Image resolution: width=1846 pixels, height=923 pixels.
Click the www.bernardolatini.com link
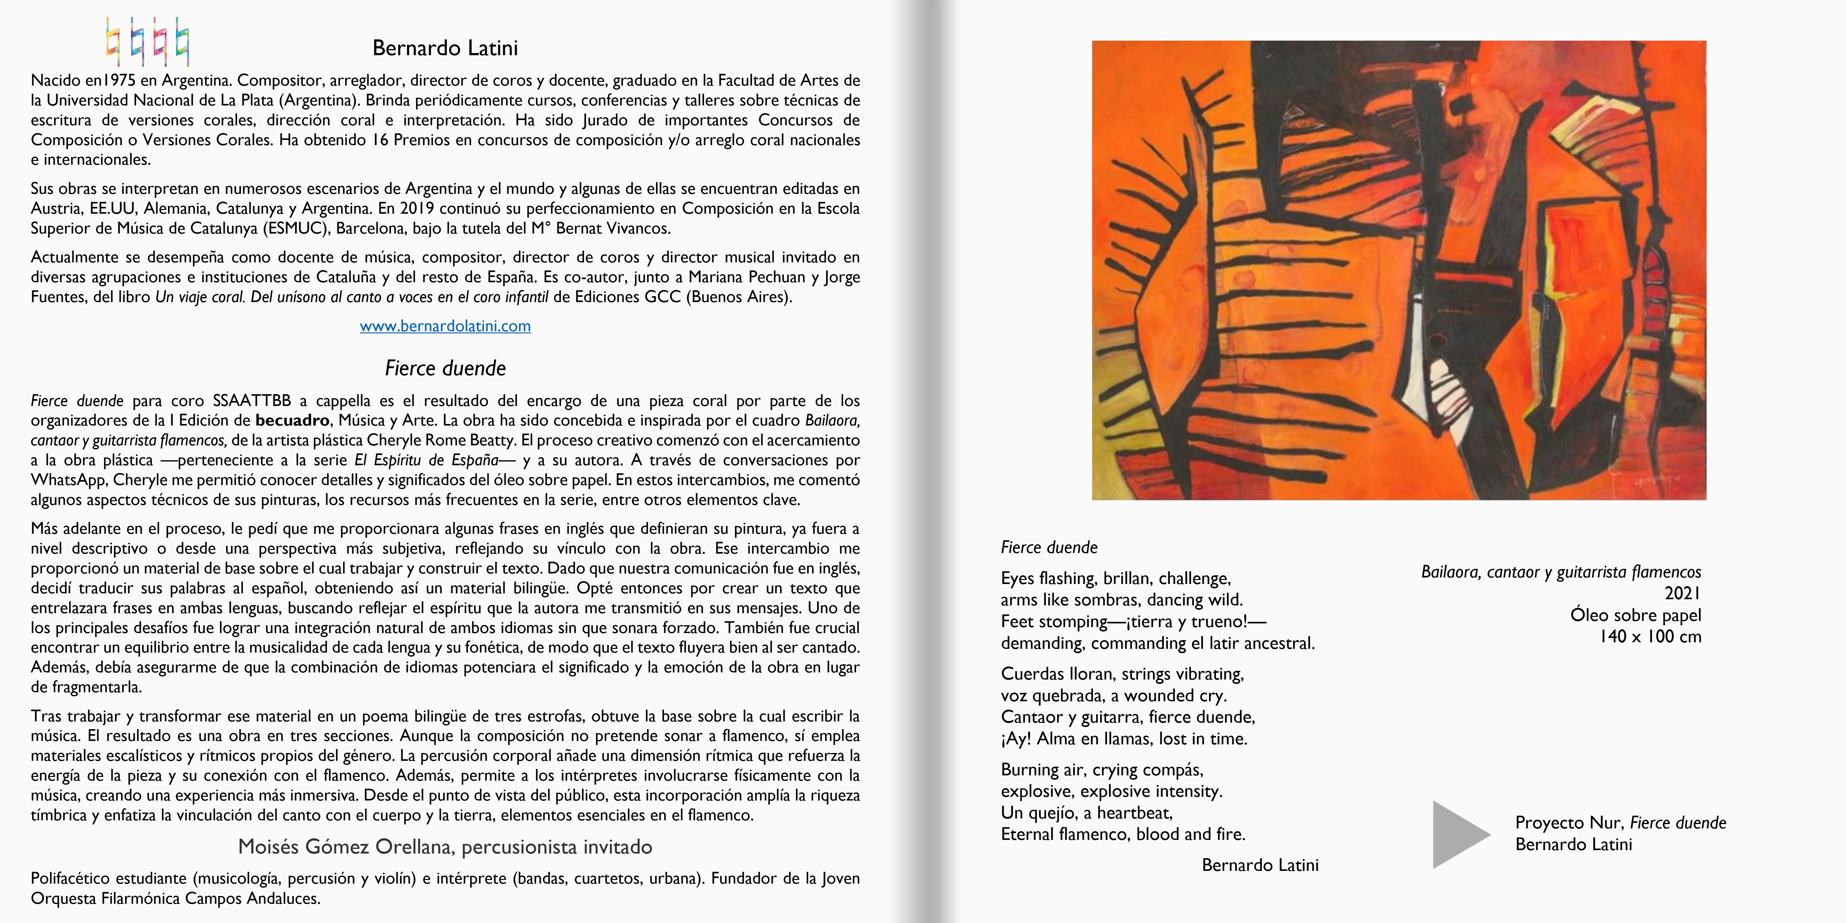tap(445, 326)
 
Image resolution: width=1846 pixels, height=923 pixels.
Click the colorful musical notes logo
tap(148, 42)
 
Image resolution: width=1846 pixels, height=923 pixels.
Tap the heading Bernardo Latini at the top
tap(445, 48)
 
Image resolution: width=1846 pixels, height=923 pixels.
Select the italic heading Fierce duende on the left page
tap(445, 368)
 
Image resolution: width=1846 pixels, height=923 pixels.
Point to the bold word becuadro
tap(292, 421)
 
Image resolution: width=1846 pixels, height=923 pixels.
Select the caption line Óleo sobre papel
tap(1635, 615)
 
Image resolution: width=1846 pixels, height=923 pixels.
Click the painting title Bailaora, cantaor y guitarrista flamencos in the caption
tap(1561, 572)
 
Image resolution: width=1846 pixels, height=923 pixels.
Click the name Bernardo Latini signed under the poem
tap(1260, 865)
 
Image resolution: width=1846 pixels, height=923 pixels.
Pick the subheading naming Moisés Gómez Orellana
tap(445, 847)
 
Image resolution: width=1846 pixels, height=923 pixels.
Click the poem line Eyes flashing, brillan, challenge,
tap(1116, 578)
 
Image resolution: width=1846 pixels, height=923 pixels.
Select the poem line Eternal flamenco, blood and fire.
tap(1123, 834)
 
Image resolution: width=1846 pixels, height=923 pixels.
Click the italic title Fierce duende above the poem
tap(1049, 547)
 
